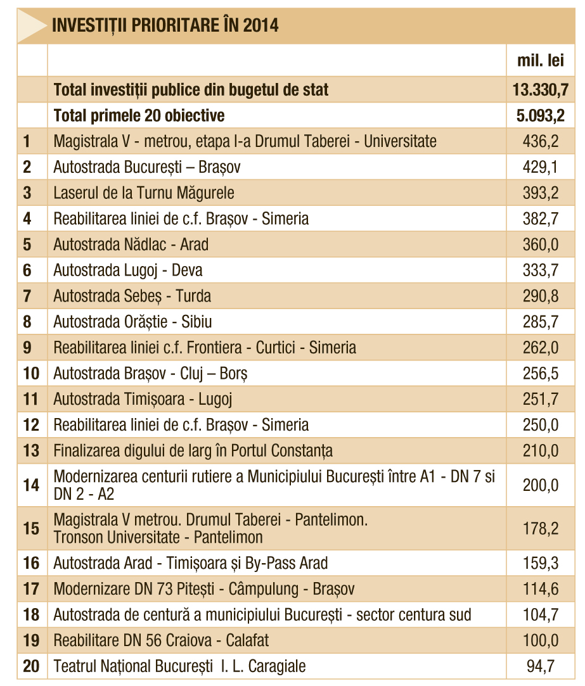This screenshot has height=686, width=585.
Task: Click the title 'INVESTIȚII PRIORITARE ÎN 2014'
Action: pyautogui.click(x=165, y=25)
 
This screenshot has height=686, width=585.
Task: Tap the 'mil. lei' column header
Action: pyautogui.click(x=541, y=60)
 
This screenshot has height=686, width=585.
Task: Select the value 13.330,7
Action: pyautogui.click(x=541, y=90)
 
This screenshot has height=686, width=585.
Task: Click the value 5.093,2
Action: pyautogui.click(x=541, y=115)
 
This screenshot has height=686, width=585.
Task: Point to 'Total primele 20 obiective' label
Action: pyautogui.click(x=139, y=115)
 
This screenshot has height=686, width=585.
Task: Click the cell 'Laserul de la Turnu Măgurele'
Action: pyautogui.click(x=144, y=193)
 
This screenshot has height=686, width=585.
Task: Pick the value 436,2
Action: pyautogui.click(x=541, y=141)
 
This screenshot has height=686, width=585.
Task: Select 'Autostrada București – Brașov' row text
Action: pyautogui.click(x=146, y=167)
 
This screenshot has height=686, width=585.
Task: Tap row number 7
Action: pyautogui.click(x=27, y=296)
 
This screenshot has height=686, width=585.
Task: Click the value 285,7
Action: pyautogui.click(x=541, y=322)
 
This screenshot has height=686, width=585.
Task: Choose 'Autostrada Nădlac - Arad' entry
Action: pyautogui.click(x=131, y=245)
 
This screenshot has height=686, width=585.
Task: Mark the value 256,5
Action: pyautogui.click(x=541, y=374)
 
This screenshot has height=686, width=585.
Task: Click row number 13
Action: pyautogui.click(x=31, y=450)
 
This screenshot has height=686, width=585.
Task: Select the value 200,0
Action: pyautogui.click(x=541, y=485)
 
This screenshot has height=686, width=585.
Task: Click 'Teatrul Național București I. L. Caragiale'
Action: pyautogui.click(x=179, y=666)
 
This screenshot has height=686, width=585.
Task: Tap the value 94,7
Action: pyautogui.click(x=541, y=666)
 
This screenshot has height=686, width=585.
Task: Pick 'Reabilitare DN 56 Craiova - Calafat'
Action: pyautogui.click(x=161, y=640)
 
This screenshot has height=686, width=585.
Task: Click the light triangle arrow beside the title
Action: pyautogui.click(x=32, y=26)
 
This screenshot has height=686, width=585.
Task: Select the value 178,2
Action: pyautogui.click(x=541, y=528)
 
